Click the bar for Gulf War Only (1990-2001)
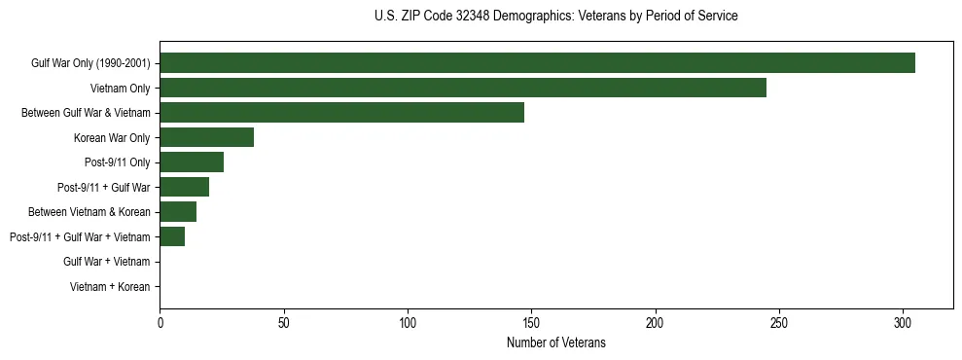click(537, 63)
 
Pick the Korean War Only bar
click(206, 137)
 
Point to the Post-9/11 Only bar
click(192, 162)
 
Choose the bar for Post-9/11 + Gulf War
click(184, 187)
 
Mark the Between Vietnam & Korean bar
click(178, 212)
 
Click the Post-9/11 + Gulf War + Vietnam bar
click(172, 236)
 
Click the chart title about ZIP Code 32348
click(555, 17)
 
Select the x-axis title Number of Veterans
click(555, 342)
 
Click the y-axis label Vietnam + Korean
click(110, 287)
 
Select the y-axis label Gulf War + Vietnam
click(106, 262)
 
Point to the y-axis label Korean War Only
click(112, 138)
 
